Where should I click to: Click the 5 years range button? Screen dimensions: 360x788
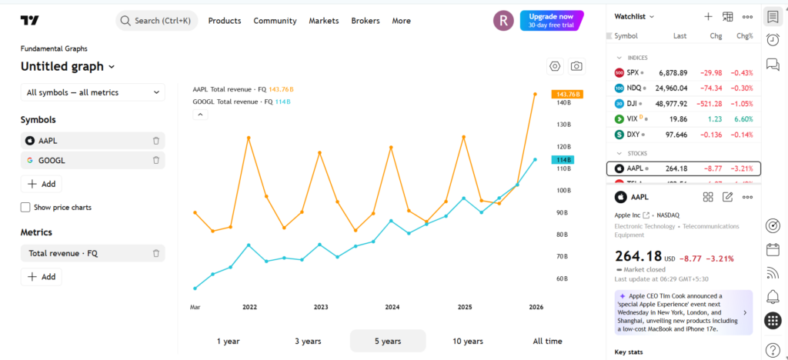pyautogui.click(x=388, y=341)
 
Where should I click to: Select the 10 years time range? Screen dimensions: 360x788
pyautogui.click(x=468, y=341)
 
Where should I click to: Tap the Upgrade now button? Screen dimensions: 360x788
pyautogui.click(x=551, y=20)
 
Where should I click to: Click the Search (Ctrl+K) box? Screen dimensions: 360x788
pyautogui.click(x=157, y=21)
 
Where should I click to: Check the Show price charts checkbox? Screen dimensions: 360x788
pyautogui.click(x=25, y=208)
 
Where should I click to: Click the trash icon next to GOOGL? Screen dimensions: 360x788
pyautogui.click(x=156, y=160)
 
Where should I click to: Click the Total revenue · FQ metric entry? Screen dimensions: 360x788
pyautogui.click(x=63, y=253)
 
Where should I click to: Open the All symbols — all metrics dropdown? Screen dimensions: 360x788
pyautogui.click(x=92, y=92)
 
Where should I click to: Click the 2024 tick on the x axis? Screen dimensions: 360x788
pyautogui.click(x=392, y=307)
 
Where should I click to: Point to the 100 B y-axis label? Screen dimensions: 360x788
pyautogui.click(x=562, y=190)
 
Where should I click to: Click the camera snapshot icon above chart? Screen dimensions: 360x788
pyautogui.click(x=576, y=66)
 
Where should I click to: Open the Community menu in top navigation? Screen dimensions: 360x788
pyautogui.click(x=275, y=21)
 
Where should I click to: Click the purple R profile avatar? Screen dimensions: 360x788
pyautogui.click(x=503, y=21)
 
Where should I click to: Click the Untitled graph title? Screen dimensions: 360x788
pyautogui.click(x=67, y=67)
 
